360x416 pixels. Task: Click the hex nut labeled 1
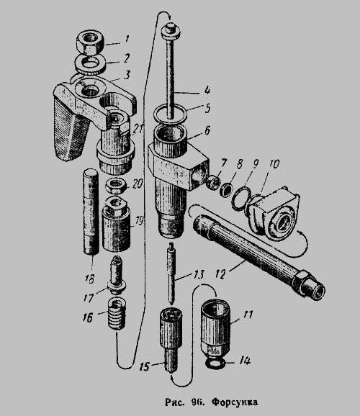[90, 42]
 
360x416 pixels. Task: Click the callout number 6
[207, 131]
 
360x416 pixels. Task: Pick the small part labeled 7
[213, 181]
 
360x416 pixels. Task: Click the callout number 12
[220, 273]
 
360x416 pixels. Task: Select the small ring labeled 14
[215, 363]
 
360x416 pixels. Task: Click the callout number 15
[145, 366]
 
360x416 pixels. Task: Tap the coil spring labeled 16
[117, 313]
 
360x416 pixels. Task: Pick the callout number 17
[89, 298]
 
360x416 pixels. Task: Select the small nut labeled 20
[115, 186]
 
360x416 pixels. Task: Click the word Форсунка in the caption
[235, 402]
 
